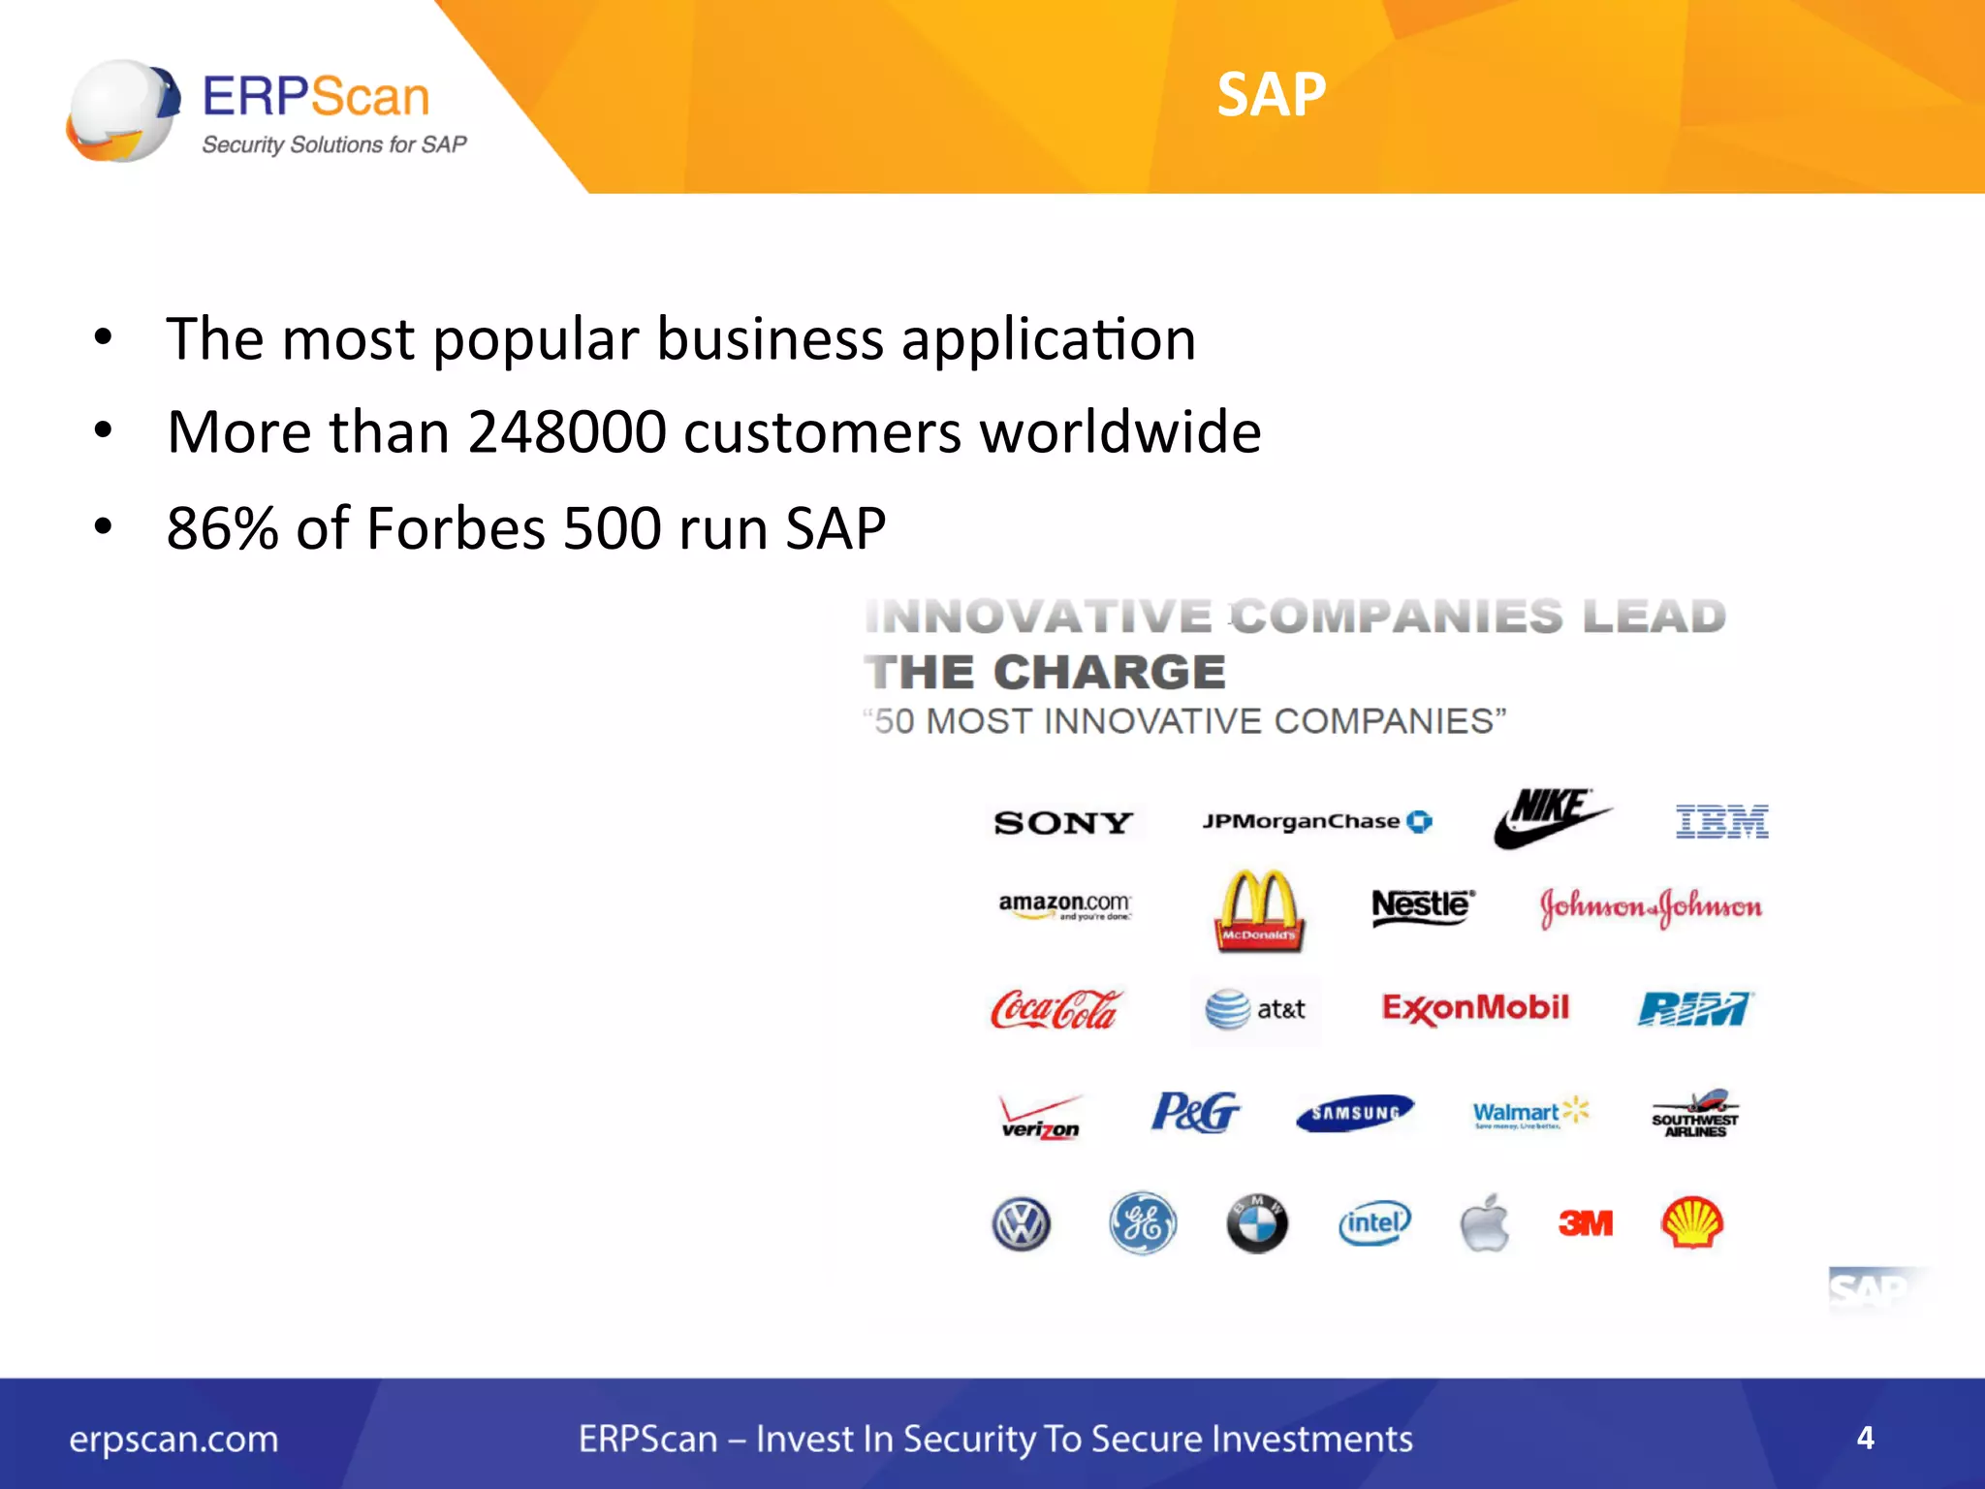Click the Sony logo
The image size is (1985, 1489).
[1063, 823]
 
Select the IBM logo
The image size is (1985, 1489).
[1721, 822]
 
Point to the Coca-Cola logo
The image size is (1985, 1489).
[1055, 1010]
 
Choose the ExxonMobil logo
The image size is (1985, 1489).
[1474, 1008]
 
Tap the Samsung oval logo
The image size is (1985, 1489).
[1355, 1113]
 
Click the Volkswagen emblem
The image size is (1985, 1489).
[1022, 1223]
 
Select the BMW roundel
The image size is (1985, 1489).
[1257, 1223]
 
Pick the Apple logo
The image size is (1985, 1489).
[1485, 1223]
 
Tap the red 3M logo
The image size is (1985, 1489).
[1586, 1223]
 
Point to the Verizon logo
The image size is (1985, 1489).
[1040, 1117]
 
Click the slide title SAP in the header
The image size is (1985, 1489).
[1271, 95]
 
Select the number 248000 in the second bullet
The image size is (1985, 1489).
[567, 431]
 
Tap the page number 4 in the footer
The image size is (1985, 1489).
[1865, 1438]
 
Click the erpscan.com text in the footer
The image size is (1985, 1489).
[173, 1440]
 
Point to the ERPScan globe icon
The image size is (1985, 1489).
[123, 110]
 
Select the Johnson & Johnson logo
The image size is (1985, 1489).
[1651, 907]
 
